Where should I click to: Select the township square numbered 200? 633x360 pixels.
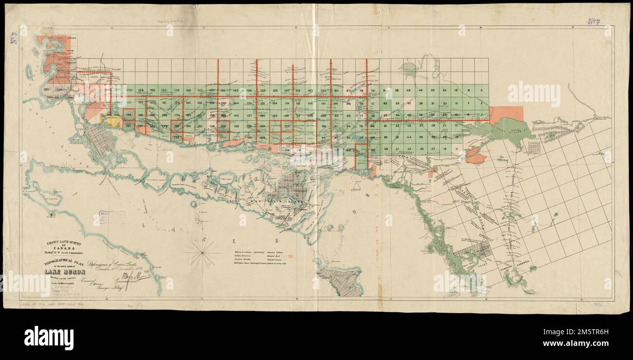[x=129, y=91]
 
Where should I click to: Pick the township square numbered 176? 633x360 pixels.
[x=176, y=91]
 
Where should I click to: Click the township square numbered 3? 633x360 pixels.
[x=481, y=91]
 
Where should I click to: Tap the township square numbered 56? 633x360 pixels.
[x=397, y=91]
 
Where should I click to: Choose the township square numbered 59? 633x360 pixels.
[x=385, y=149]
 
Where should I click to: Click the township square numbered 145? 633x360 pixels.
[x=236, y=91]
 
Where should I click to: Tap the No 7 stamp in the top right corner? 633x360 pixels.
[x=593, y=21]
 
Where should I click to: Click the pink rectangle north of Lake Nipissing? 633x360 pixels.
[x=506, y=115]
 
